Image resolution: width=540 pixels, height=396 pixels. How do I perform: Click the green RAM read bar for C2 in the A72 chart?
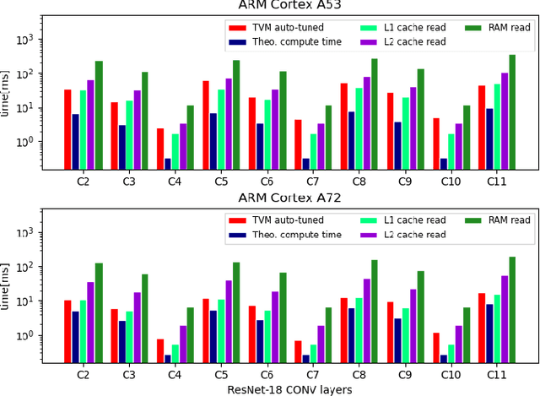(99, 312)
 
